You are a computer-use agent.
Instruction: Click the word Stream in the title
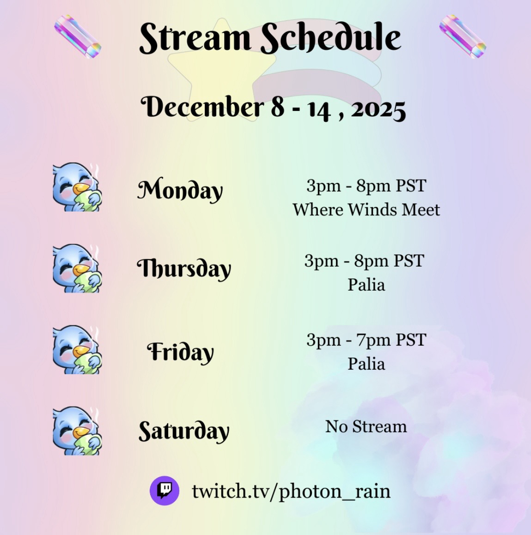point(195,37)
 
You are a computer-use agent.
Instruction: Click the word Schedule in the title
point(331,37)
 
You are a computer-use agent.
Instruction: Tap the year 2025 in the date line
point(378,110)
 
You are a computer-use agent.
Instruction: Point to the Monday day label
point(180,189)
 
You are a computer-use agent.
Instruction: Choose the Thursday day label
point(184,268)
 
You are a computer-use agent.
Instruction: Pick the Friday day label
point(180,352)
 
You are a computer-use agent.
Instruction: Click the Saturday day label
point(183,431)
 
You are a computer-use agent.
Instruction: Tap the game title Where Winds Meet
point(366,209)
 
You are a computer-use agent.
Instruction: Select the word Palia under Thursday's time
point(366,285)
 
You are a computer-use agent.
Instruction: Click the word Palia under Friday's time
point(366,364)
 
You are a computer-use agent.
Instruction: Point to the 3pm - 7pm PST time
point(366,340)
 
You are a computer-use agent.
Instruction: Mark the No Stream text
point(366,426)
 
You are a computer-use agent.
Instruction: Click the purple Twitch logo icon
point(165,491)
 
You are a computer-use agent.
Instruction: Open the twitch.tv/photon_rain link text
point(291,492)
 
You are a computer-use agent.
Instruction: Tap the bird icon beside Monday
point(77,187)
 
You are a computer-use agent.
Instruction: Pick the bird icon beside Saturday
point(77,431)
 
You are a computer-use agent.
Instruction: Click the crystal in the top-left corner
point(78,36)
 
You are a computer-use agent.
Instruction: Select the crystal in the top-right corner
point(463,36)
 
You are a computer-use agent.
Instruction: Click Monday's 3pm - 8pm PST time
point(366,186)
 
